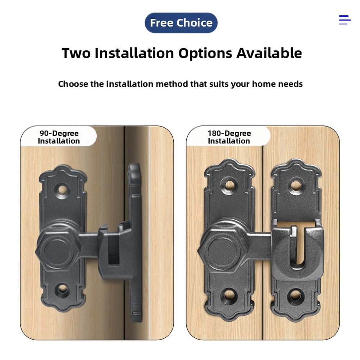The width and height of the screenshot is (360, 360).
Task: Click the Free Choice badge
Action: point(181,23)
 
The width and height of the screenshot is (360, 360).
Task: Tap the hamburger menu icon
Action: point(345,20)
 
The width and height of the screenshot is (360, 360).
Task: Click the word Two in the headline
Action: point(76,53)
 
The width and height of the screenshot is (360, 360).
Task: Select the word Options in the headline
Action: point(205,53)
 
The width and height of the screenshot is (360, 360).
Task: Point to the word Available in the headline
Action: point(269,53)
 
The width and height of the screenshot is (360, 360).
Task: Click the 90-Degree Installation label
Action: point(59,137)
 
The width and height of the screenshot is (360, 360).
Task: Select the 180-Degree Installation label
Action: point(229,137)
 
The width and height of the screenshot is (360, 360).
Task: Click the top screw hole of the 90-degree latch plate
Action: point(61,190)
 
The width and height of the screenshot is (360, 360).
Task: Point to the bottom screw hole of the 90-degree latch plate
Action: point(62,290)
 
